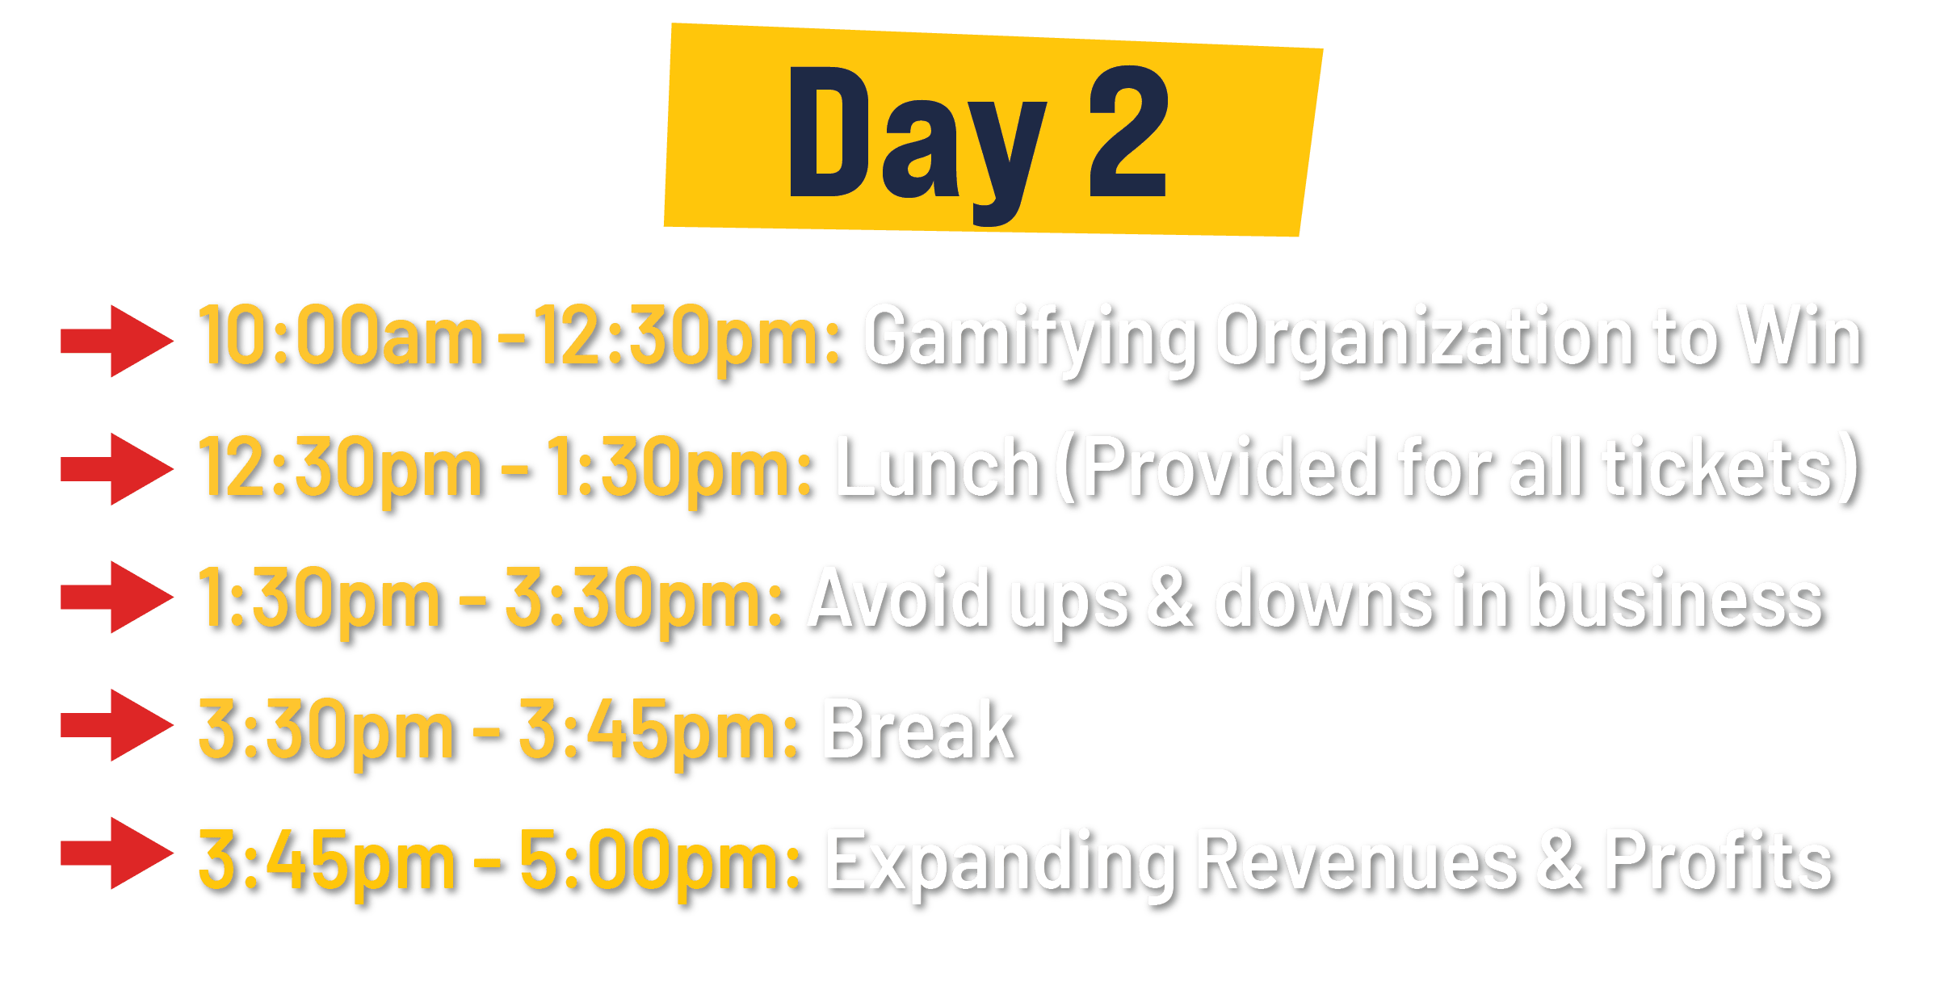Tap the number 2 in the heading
(1128, 131)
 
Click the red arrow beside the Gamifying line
(117, 341)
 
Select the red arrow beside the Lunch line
(117, 469)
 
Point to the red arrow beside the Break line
(117, 725)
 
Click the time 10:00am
(341, 335)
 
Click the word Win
(1802, 335)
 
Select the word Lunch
(939, 467)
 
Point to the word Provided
(1231, 467)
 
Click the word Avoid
(900, 598)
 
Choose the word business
(1677, 598)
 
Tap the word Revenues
(1358, 860)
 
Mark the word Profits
(1719, 860)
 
